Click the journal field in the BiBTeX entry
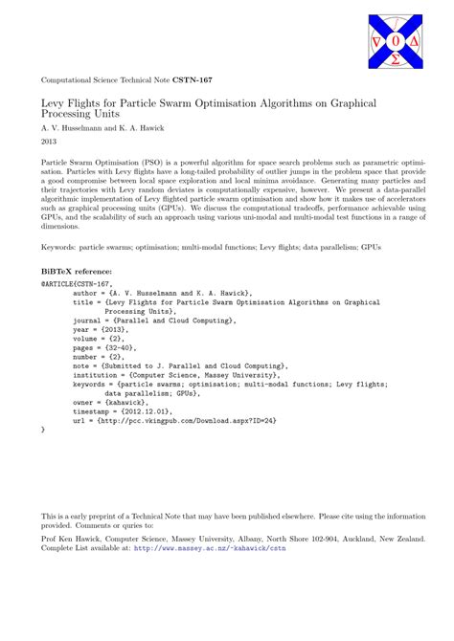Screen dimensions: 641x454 pos(142,320)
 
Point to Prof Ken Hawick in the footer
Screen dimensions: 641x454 pos(72,539)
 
